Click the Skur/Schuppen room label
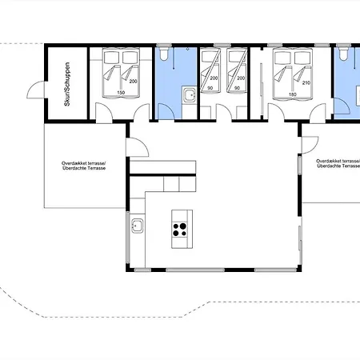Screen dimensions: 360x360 67,84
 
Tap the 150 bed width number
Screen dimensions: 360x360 121,93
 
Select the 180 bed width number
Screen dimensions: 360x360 293,94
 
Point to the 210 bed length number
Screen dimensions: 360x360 306,83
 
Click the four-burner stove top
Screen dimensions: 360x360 180,230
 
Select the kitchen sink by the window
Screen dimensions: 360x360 137,226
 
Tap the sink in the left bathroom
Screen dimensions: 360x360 190,94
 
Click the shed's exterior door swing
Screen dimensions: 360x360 36,90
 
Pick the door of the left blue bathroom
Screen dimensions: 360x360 166,111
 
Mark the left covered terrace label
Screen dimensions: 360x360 84,166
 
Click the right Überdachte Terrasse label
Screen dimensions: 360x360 338,166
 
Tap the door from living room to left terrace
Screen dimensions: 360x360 137,147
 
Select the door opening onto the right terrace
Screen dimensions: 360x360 310,145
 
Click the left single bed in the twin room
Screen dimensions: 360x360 210,70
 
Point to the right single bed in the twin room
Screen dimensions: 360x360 237,70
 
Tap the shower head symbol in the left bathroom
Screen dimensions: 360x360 187,49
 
